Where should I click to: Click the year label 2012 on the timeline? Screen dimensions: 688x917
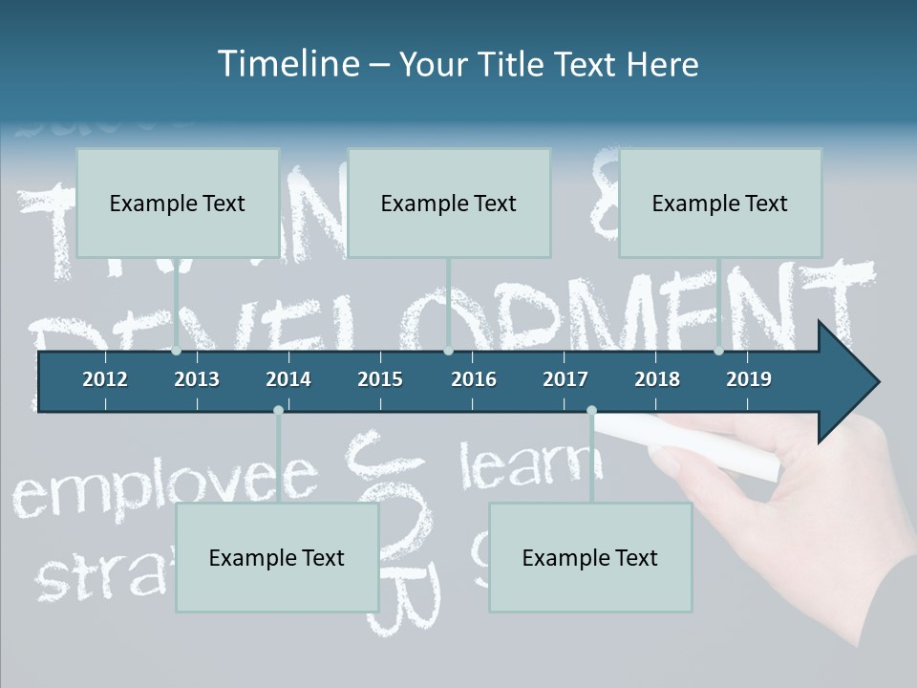105,379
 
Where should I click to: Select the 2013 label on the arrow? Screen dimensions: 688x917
197,379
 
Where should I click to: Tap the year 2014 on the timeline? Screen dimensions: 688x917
288,379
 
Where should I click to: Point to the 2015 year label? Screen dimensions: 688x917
380,379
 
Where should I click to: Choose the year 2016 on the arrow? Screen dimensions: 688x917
474,379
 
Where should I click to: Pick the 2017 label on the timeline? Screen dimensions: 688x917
565,379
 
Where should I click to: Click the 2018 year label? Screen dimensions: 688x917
657,379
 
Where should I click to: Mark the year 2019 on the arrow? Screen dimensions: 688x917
749,379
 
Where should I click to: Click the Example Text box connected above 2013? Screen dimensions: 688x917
178,203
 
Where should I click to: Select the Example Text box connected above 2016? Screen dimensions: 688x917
449,203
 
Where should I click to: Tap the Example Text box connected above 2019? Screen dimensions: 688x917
720,203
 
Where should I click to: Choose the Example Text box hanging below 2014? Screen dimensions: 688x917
277,557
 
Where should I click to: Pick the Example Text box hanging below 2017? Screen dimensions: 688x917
590,557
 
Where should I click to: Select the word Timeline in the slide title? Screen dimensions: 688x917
288,64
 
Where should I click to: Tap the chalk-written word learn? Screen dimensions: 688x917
531,464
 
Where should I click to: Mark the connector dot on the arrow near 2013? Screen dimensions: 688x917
177,351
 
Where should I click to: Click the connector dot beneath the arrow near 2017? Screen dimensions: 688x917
591,411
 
